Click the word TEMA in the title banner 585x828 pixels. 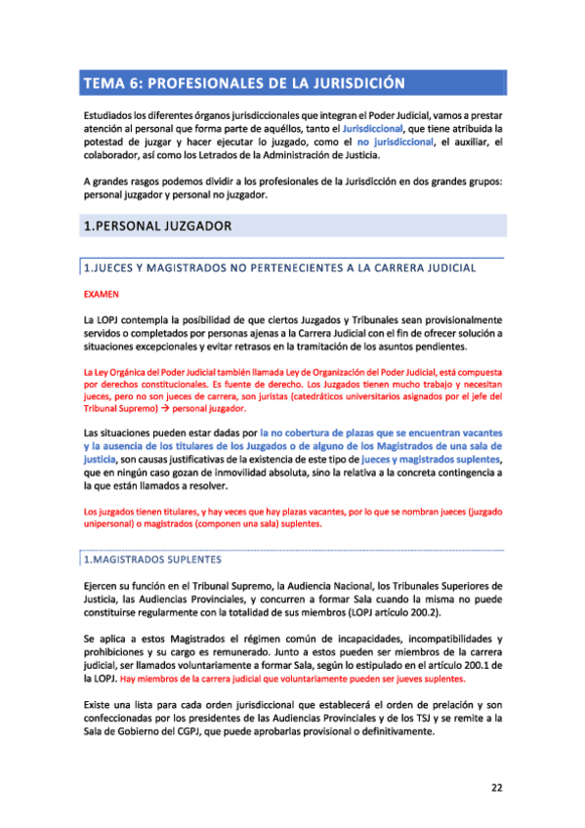[104, 83]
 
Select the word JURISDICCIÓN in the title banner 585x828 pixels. [350, 83]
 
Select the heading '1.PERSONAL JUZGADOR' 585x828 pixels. [157, 227]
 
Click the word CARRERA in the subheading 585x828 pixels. [384, 267]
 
